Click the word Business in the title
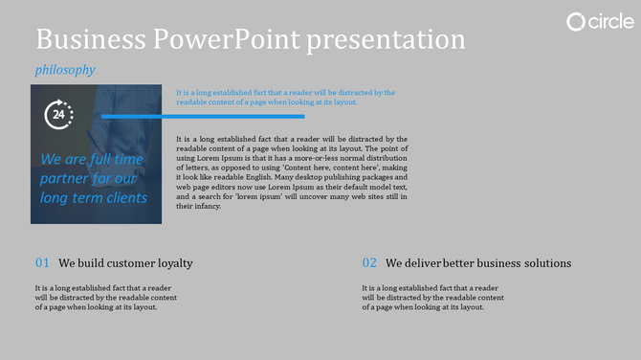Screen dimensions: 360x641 [x=90, y=39]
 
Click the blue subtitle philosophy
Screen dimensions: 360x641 [x=64, y=70]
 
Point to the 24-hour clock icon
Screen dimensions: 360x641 [x=58, y=115]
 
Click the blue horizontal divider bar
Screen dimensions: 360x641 [x=203, y=117]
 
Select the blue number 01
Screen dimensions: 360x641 [x=42, y=262]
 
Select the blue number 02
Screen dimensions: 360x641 [x=369, y=262]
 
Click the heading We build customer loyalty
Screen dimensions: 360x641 [x=125, y=262]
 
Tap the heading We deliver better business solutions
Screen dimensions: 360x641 [x=478, y=262]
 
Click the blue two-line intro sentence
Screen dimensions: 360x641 [x=285, y=97]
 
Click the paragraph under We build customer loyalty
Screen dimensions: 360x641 [x=103, y=297]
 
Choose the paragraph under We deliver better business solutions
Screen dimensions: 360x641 [x=431, y=297]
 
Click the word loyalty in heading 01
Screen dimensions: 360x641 [x=173, y=263]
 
